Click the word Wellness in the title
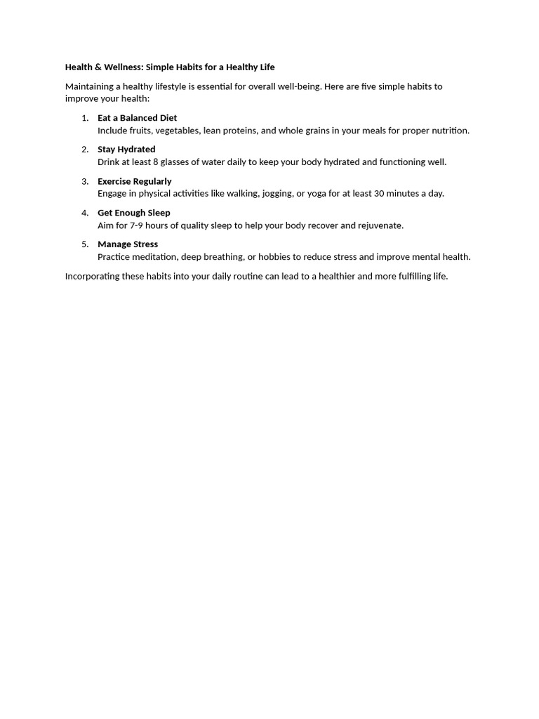(124, 67)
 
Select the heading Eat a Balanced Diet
(137, 118)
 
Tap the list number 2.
(85, 150)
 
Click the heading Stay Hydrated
(126, 150)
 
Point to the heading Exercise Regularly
(134, 181)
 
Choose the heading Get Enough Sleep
(133, 213)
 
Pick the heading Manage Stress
(128, 244)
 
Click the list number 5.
(85, 244)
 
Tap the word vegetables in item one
(178, 131)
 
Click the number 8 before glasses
(155, 162)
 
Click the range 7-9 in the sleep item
(137, 225)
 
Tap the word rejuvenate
(380, 225)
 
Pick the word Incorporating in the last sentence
(92, 277)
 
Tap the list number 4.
(85, 213)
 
